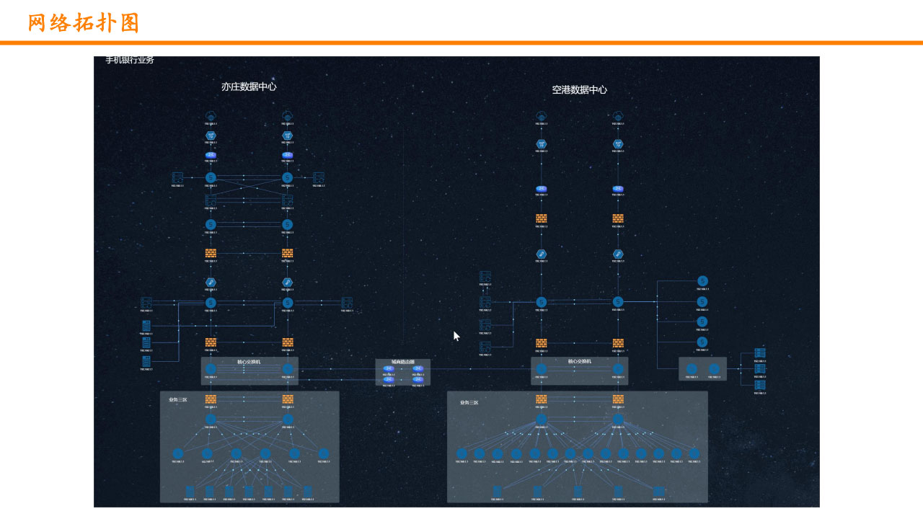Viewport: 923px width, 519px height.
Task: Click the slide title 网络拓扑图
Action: pyautogui.click(x=84, y=23)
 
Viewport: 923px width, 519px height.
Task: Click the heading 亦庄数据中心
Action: pyautogui.click(x=249, y=86)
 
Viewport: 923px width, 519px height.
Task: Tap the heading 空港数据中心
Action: pyautogui.click(x=579, y=90)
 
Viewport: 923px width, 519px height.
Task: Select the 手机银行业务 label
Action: pyautogui.click(x=130, y=60)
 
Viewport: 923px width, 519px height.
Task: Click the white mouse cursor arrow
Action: pyautogui.click(x=456, y=336)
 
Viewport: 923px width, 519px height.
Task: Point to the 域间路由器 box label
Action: pyautogui.click(x=402, y=362)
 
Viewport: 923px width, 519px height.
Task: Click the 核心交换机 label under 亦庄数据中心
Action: pyautogui.click(x=249, y=362)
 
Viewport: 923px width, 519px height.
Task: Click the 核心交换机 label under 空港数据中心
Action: pyautogui.click(x=579, y=361)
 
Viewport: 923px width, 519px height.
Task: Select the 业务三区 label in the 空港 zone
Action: pyautogui.click(x=469, y=402)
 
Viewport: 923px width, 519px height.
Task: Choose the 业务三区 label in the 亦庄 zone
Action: pyautogui.click(x=177, y=400)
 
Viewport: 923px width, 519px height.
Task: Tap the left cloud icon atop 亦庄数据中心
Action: pyautogui.click(x=211, y=116)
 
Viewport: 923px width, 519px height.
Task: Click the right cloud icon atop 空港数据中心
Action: pyautogui.click(x=617, y=116)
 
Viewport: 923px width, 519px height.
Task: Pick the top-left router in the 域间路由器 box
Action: pyautogui.click(x=389, y=369)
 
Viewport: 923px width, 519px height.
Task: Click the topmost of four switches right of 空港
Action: pyautogui.click(x=702, y=281)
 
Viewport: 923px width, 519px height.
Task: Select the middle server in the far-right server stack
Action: pyautogui.click(x=760, y=369)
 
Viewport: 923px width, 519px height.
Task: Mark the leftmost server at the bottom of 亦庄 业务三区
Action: pyautogui.click(x=190, y=492)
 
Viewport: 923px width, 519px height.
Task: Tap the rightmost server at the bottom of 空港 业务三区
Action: pyautogui.click(x=658, y=492)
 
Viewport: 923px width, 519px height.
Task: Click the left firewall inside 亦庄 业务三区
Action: pyautogui.click(x=211, y=399)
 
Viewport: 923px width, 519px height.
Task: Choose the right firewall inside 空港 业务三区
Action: pyautogui.click(x=618, y=399)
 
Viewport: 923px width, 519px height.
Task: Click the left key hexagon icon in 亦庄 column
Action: pyautogui.click(x=211, y=283)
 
